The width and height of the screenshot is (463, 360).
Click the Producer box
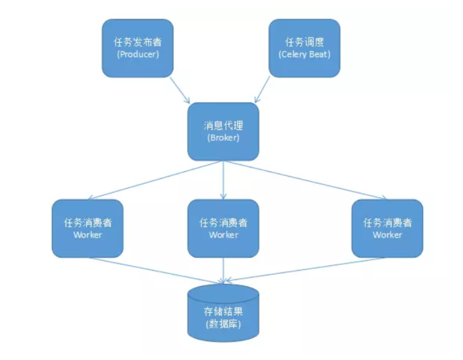coord(137,48)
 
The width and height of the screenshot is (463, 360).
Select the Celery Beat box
coord(304,48)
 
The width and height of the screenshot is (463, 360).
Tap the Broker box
coord(223,131)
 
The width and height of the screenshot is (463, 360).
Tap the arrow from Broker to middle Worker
coord(223,180)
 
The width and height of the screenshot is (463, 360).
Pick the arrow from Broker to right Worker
coord(305,180)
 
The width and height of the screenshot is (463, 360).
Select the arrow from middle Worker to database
coord(223,269)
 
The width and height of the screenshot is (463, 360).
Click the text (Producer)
coord(137,54)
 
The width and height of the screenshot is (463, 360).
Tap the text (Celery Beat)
coord(304,54)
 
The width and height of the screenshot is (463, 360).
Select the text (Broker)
coord(223,138)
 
